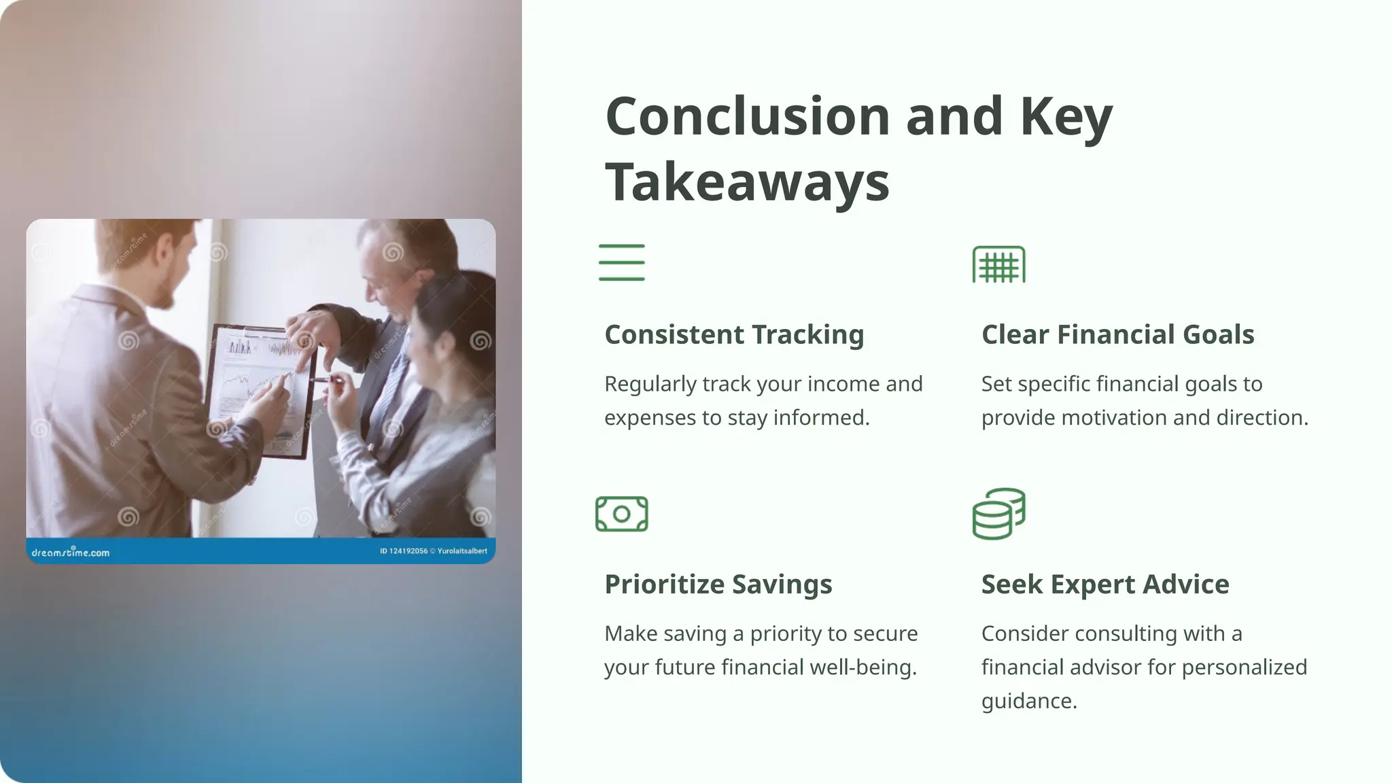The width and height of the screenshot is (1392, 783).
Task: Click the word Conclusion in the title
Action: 747,116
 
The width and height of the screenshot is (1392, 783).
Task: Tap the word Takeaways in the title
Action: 747,182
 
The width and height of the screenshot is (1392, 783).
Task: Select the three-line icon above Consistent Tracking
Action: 621,262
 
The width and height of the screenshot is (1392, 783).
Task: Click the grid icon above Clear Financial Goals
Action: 998,264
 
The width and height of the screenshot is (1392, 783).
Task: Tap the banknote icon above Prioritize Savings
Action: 621,514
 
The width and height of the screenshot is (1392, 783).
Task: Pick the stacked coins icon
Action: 998,514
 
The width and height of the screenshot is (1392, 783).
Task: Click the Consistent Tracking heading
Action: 734,334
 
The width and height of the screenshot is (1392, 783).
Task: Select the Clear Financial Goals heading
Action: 1117,334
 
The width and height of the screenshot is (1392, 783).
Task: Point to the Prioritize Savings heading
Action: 718,585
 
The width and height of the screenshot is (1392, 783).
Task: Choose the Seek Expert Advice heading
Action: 1104,585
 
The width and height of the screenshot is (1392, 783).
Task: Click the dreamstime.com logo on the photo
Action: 70,553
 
